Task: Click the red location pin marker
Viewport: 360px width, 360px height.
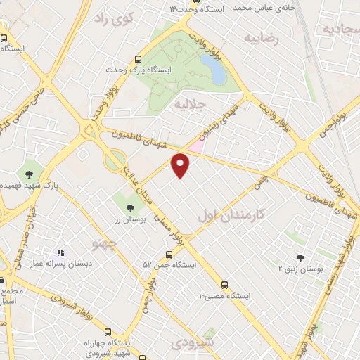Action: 181,165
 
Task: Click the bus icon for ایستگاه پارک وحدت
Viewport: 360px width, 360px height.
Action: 138,60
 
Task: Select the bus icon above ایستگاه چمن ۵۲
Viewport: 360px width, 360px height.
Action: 169,254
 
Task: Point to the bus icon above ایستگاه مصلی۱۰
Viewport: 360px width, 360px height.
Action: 224,285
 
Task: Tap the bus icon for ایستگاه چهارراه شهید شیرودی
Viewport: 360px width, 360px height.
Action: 108,332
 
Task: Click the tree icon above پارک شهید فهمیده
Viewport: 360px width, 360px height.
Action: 30,173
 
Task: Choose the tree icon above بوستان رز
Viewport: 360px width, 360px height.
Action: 129,207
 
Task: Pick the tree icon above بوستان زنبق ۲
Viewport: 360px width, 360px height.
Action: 301,258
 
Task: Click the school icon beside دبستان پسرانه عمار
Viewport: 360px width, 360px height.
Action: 60,252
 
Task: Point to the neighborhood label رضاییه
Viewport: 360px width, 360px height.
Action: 261,39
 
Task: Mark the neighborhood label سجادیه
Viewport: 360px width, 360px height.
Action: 341,28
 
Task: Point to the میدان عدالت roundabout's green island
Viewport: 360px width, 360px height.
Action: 114,160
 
